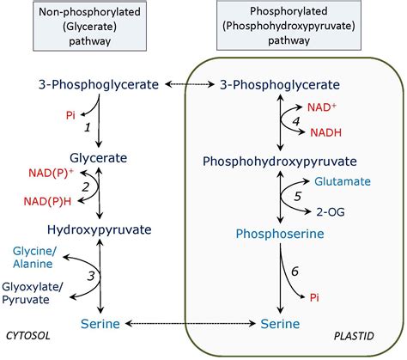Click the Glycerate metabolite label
[x=98, y=158]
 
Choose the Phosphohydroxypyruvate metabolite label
[x=279, y=161]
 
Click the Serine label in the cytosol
[x=100, y=323]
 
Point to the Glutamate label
[x=343, y=182]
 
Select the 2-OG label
[x=331, y=211]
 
